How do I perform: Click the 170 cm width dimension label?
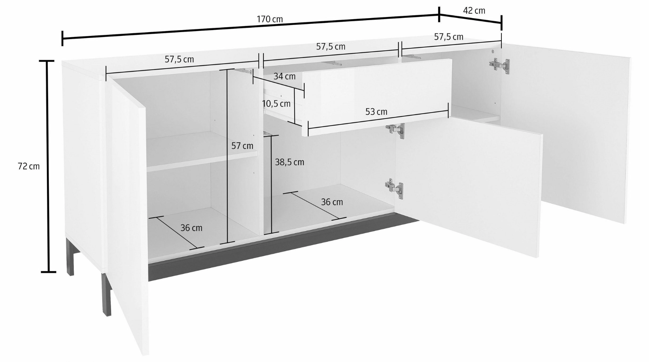[270, 19]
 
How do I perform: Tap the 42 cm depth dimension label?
[474, 11]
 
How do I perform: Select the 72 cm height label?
[29, 166]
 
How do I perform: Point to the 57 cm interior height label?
[242, 146]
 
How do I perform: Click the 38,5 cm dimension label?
[290, 162]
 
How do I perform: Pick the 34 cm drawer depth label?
[285, 77]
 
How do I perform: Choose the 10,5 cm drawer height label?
[276, 104]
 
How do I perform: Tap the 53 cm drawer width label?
[376, 112]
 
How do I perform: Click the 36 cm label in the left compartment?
[191, 228]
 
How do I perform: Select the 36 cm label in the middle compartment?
[332, 202]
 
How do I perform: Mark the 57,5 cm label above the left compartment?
[179, 59]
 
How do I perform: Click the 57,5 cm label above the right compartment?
[449, 37]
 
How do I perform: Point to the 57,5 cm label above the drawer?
[331, 47]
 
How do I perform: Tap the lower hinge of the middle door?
[394, 188]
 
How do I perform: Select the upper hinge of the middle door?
[396, 130]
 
